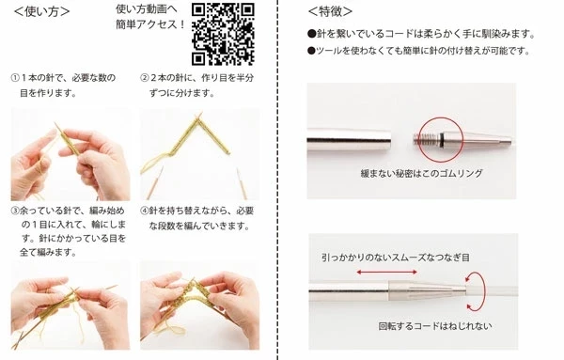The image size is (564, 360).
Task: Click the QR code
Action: [x=223, y=34]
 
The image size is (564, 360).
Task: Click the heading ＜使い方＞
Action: [x=41, y=11]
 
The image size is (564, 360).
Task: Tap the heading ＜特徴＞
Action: [x=330, y=11]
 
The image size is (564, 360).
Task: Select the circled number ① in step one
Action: [x=15, y=78]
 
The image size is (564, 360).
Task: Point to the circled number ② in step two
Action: [x=144, y=78]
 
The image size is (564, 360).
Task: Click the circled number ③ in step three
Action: [x=15, y=211]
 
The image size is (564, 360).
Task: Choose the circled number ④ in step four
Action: [x=144, y=211]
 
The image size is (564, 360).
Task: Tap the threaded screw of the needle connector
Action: [x=426, y=138]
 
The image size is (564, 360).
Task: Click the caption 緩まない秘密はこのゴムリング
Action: [x=421, y=174]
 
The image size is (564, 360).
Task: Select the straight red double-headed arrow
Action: [x=387, y=273]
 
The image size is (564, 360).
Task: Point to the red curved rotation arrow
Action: [x=483, y=291]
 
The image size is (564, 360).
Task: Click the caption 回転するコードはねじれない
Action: [x=435, y=326]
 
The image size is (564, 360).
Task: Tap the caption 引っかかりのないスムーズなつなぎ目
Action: [x=396, y=258]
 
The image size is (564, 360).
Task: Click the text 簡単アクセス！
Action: [x=150, y=24]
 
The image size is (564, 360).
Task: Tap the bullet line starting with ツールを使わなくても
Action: [x=419, y=51]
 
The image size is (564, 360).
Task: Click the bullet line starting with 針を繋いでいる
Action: [x=421, y=34]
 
